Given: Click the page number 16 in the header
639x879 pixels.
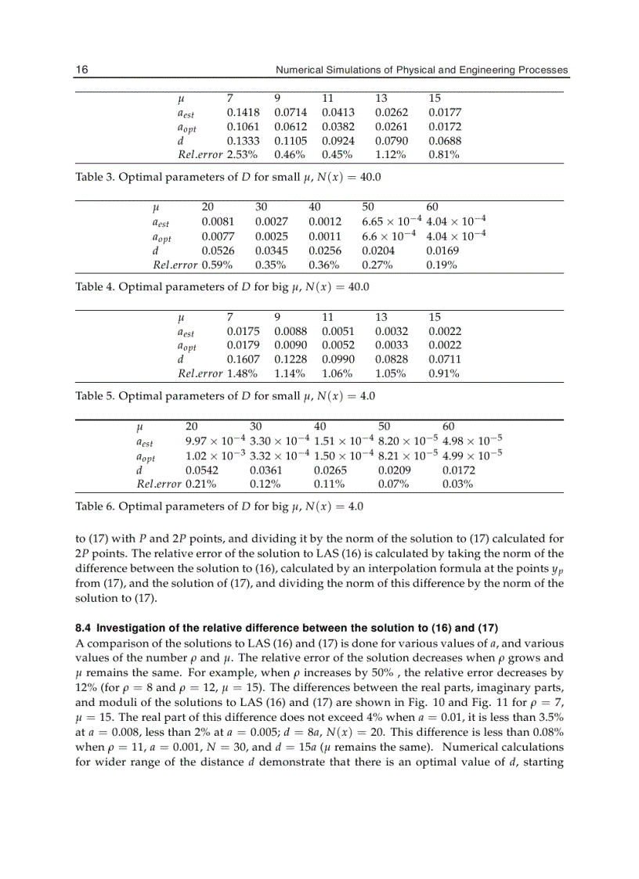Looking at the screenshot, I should click(81, 70).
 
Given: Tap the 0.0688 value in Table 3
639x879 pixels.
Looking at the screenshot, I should click(445, 141).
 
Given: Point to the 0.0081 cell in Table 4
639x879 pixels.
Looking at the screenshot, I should click(217, 222).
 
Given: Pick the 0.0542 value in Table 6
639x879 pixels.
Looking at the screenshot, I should click(201, 470).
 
